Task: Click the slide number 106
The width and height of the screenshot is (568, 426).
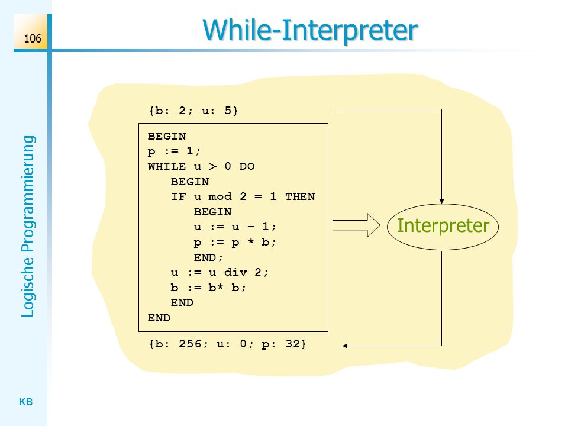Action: tap(33, 38)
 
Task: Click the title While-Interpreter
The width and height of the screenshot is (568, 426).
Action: tap(310, 30)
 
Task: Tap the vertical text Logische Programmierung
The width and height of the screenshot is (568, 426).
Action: tap(28, 227)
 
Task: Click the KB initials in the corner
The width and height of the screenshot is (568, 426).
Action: tap(25, 402)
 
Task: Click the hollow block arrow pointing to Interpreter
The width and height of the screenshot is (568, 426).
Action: tap(356, 225)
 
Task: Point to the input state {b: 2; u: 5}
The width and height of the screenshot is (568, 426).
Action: tap(193, 111)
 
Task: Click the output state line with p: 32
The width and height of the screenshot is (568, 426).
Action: tap(227, 343)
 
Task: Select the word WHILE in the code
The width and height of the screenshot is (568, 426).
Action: tap(167, 166)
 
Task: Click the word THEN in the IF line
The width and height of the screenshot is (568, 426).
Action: tap(300, 196)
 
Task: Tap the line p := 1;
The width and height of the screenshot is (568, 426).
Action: tap(174, 151)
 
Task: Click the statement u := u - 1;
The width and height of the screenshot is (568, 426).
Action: tap(235, 227)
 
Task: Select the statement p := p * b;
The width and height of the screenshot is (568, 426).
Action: tap(235, 243)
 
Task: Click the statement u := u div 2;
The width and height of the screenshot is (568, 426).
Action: tap(220, 272)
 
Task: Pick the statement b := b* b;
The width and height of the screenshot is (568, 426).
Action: tap(208, 288)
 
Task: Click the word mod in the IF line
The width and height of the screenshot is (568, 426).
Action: tap(220, 196)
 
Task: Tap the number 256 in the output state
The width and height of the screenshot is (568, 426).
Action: tap(190, 343)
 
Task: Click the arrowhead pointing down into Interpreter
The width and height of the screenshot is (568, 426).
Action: tap(441, 201)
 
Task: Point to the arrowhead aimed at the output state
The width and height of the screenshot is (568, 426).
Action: tap(345, 346)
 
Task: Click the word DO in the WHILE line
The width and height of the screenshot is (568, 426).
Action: tap(247, 166)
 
